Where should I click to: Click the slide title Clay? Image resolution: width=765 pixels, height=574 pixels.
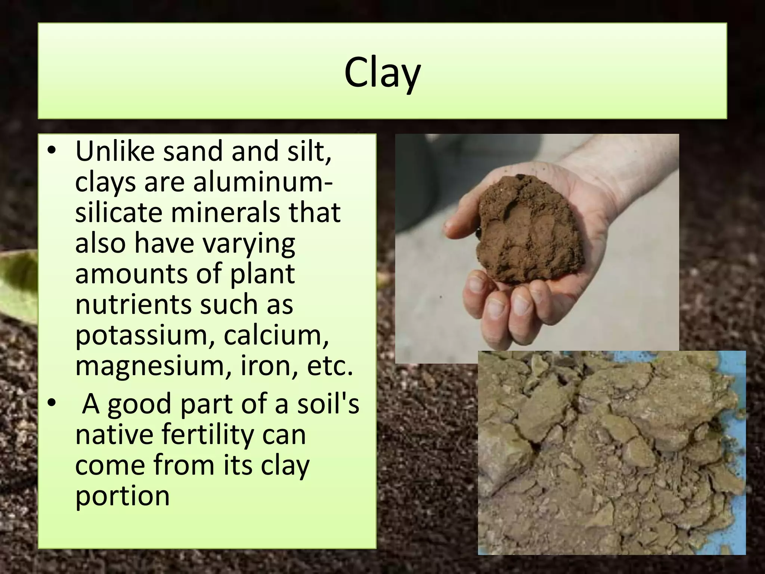382,73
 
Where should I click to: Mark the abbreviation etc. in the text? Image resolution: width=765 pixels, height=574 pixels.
329,365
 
